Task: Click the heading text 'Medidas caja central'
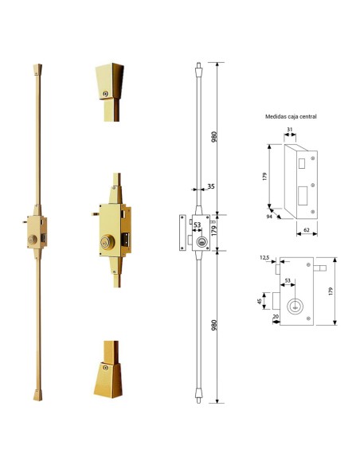tap(291, 116)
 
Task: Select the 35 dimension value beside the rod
tap(211, 186)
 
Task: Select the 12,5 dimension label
tap(264, 258)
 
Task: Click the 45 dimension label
tap(260, 302)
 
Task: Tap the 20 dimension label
tap(276, 316)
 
